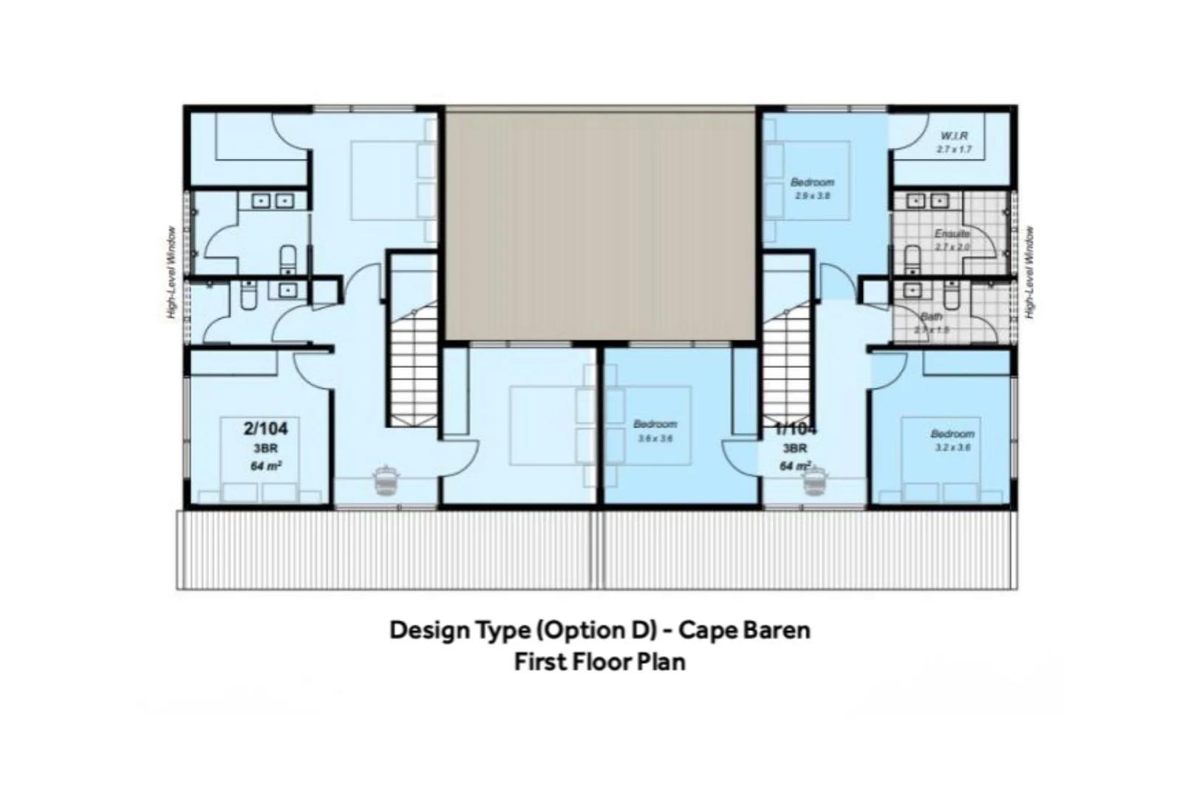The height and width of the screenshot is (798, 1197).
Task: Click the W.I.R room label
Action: [x=954, y=137]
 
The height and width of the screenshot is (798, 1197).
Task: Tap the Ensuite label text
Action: [x=952, y=234]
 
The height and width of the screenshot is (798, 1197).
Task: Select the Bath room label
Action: [x=932, y=317]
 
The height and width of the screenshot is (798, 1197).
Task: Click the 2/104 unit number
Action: [x=265, y=429]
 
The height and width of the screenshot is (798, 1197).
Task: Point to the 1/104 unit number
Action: [x=795, y=429]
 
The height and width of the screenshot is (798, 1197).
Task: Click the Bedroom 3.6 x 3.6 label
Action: [x=655, y=424]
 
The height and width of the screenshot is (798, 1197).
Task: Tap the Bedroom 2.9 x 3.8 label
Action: [x=812, y=183]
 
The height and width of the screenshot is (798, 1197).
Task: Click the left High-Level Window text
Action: [x=171, y=272]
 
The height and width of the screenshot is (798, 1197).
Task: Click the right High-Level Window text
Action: [x=1030, y=272]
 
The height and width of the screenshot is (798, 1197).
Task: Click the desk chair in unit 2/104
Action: [x=383, y=480]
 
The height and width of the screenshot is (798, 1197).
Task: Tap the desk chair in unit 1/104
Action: [x=815, y=481]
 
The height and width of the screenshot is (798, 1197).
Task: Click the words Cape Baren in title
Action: [x=744, y=630]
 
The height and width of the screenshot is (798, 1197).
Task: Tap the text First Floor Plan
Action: [x=599, y=661]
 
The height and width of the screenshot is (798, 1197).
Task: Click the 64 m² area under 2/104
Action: [x=266, y=466]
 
